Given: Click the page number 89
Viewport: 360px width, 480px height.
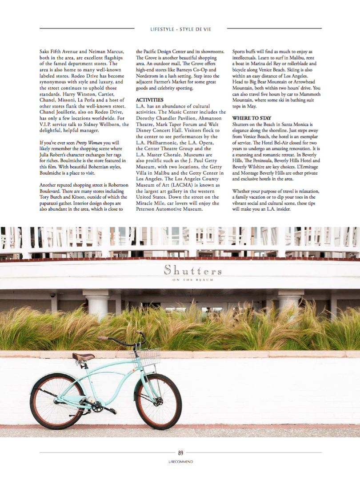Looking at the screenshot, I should (180, 453).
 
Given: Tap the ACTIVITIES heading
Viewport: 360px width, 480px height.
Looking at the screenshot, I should (149, 100).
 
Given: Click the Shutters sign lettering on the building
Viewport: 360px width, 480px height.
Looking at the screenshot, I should (192, 269).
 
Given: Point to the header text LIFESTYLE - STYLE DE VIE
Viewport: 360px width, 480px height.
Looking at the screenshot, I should (180, 29).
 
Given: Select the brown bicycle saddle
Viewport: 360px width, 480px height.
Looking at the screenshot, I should (84, 356).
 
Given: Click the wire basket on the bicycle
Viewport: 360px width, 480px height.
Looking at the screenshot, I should (146, 356).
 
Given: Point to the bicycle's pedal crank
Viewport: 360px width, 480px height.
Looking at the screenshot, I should (98, 406).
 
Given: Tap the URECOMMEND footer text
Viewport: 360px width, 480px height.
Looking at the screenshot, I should (180, 462).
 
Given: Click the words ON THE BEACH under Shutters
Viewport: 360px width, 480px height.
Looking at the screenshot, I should (192, 280).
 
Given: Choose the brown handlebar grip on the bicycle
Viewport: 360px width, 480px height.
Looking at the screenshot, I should (104, 338).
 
